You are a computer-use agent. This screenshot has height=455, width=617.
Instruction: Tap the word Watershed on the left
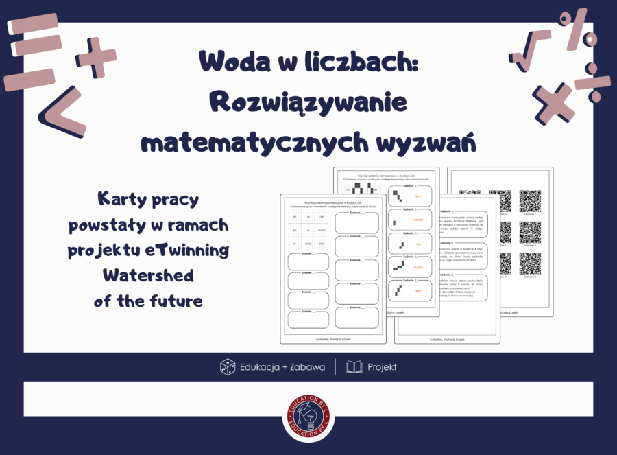click(148, 276)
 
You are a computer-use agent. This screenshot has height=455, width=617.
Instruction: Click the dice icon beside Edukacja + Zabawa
click(228, 367)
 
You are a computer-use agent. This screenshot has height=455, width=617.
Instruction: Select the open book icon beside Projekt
click(354, 367)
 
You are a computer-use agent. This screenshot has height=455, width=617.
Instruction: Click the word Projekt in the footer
click(382, 367)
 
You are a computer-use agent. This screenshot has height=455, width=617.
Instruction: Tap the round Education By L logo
click(308, 416)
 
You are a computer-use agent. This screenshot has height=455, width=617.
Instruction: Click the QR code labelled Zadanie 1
click(530, 200)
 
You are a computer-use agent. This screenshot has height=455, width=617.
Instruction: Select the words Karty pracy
click(148, 200)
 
